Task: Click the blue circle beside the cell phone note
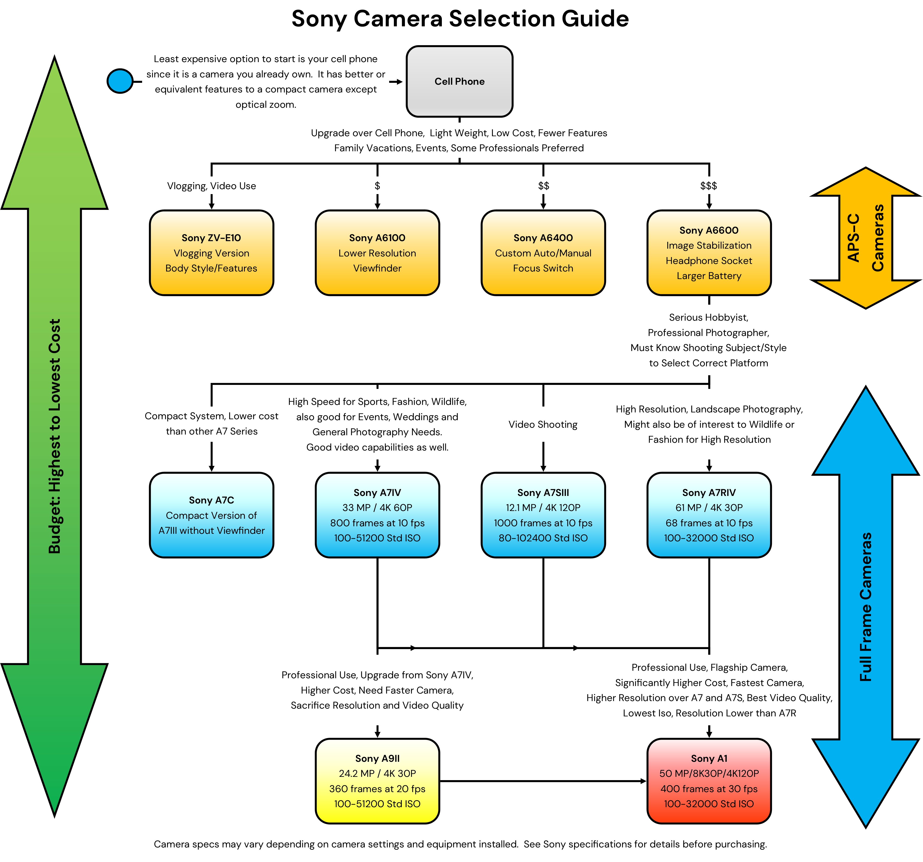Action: [x=120, y=81]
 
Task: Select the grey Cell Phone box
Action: [x=459, y=81]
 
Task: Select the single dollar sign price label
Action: [x=377, y=186]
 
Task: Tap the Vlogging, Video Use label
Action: [x=211, y=186]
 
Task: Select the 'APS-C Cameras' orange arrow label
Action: [x=865, y=238]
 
